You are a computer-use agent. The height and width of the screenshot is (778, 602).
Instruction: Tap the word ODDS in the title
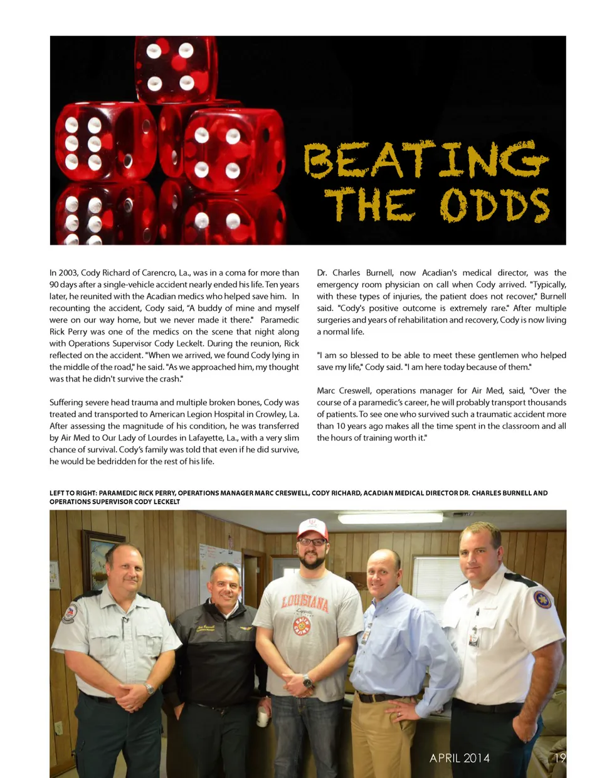pyautogui.click(x=495, y=205)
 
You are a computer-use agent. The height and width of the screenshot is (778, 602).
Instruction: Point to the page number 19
pyautogui.click(x=560, y=758)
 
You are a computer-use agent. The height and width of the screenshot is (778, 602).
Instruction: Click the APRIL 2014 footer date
pyautogui.click(x=459, y=758)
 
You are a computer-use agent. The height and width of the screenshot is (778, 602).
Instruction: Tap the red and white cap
pyautogui.click(x=312, y=528)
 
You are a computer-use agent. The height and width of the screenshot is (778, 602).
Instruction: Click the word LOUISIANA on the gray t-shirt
pyautogui.click(x=305, y=603)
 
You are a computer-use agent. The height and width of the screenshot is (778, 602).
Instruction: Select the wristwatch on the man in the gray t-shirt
pyautogui.click(x=307, y=681)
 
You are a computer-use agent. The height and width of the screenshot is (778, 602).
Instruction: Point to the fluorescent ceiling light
pyautogui.click(x=390, y=518)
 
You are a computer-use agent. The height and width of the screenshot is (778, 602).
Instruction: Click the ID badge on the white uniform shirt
pyautogui.click(x=474, y=636)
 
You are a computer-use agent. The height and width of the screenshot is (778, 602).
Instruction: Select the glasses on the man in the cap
pyautogui.click(x=312, y=542)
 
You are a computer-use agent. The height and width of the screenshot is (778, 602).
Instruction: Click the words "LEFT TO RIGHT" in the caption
pyautogui.click(x=72, y=493)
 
